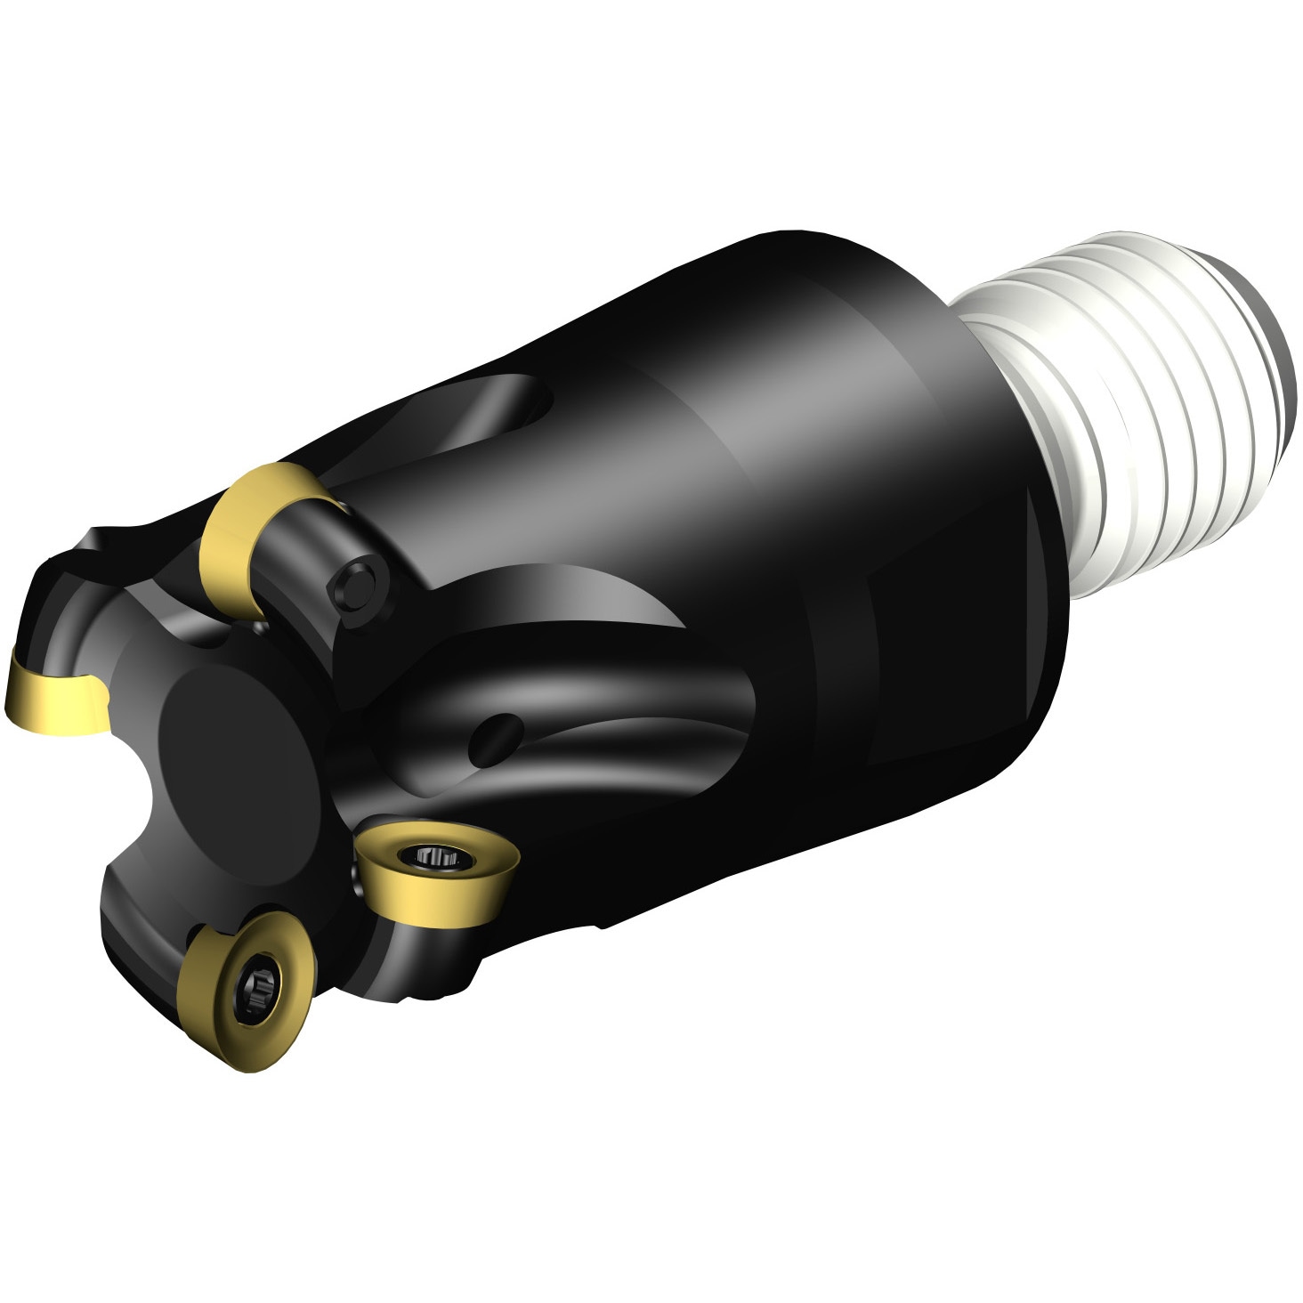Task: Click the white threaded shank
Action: click(x=1139, y=401)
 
